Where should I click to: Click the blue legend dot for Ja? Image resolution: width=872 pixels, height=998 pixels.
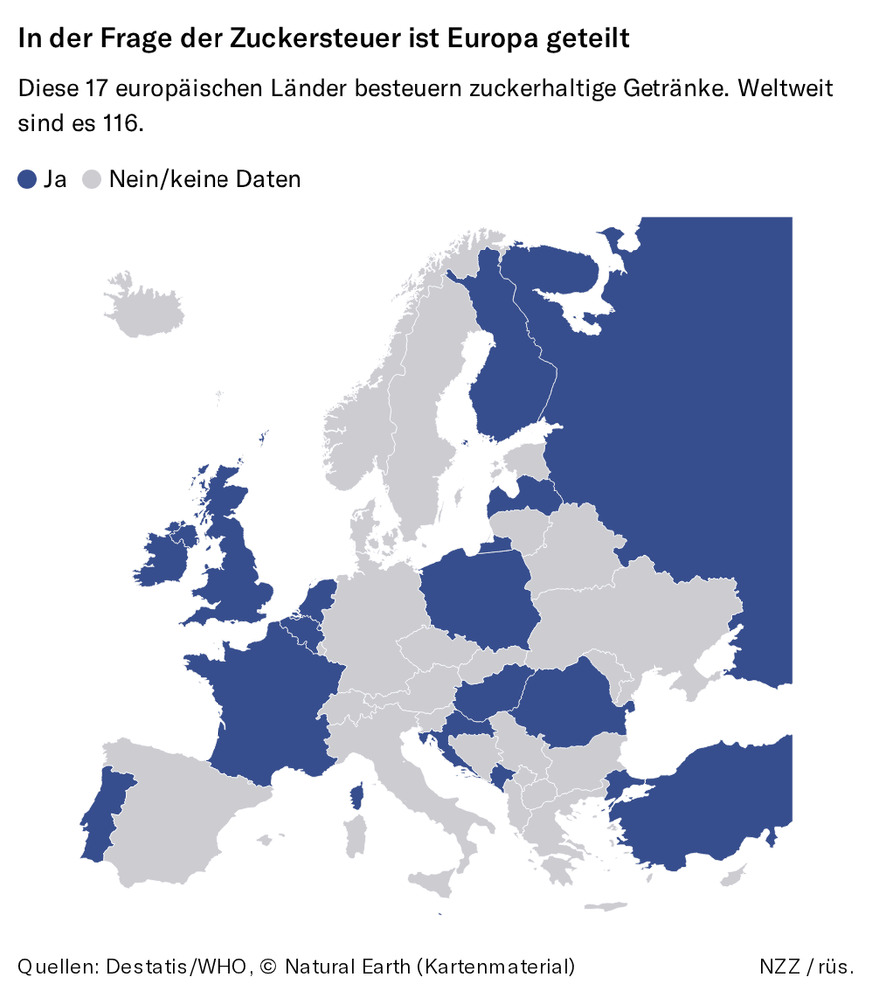28,180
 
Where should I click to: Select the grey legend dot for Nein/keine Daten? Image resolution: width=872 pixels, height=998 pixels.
93,180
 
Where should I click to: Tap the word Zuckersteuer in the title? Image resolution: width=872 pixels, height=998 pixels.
318,39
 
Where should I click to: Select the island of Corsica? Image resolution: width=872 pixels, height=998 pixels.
355,798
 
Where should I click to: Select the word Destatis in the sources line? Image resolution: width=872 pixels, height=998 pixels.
146,966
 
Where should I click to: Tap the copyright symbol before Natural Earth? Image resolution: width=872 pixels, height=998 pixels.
267,966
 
